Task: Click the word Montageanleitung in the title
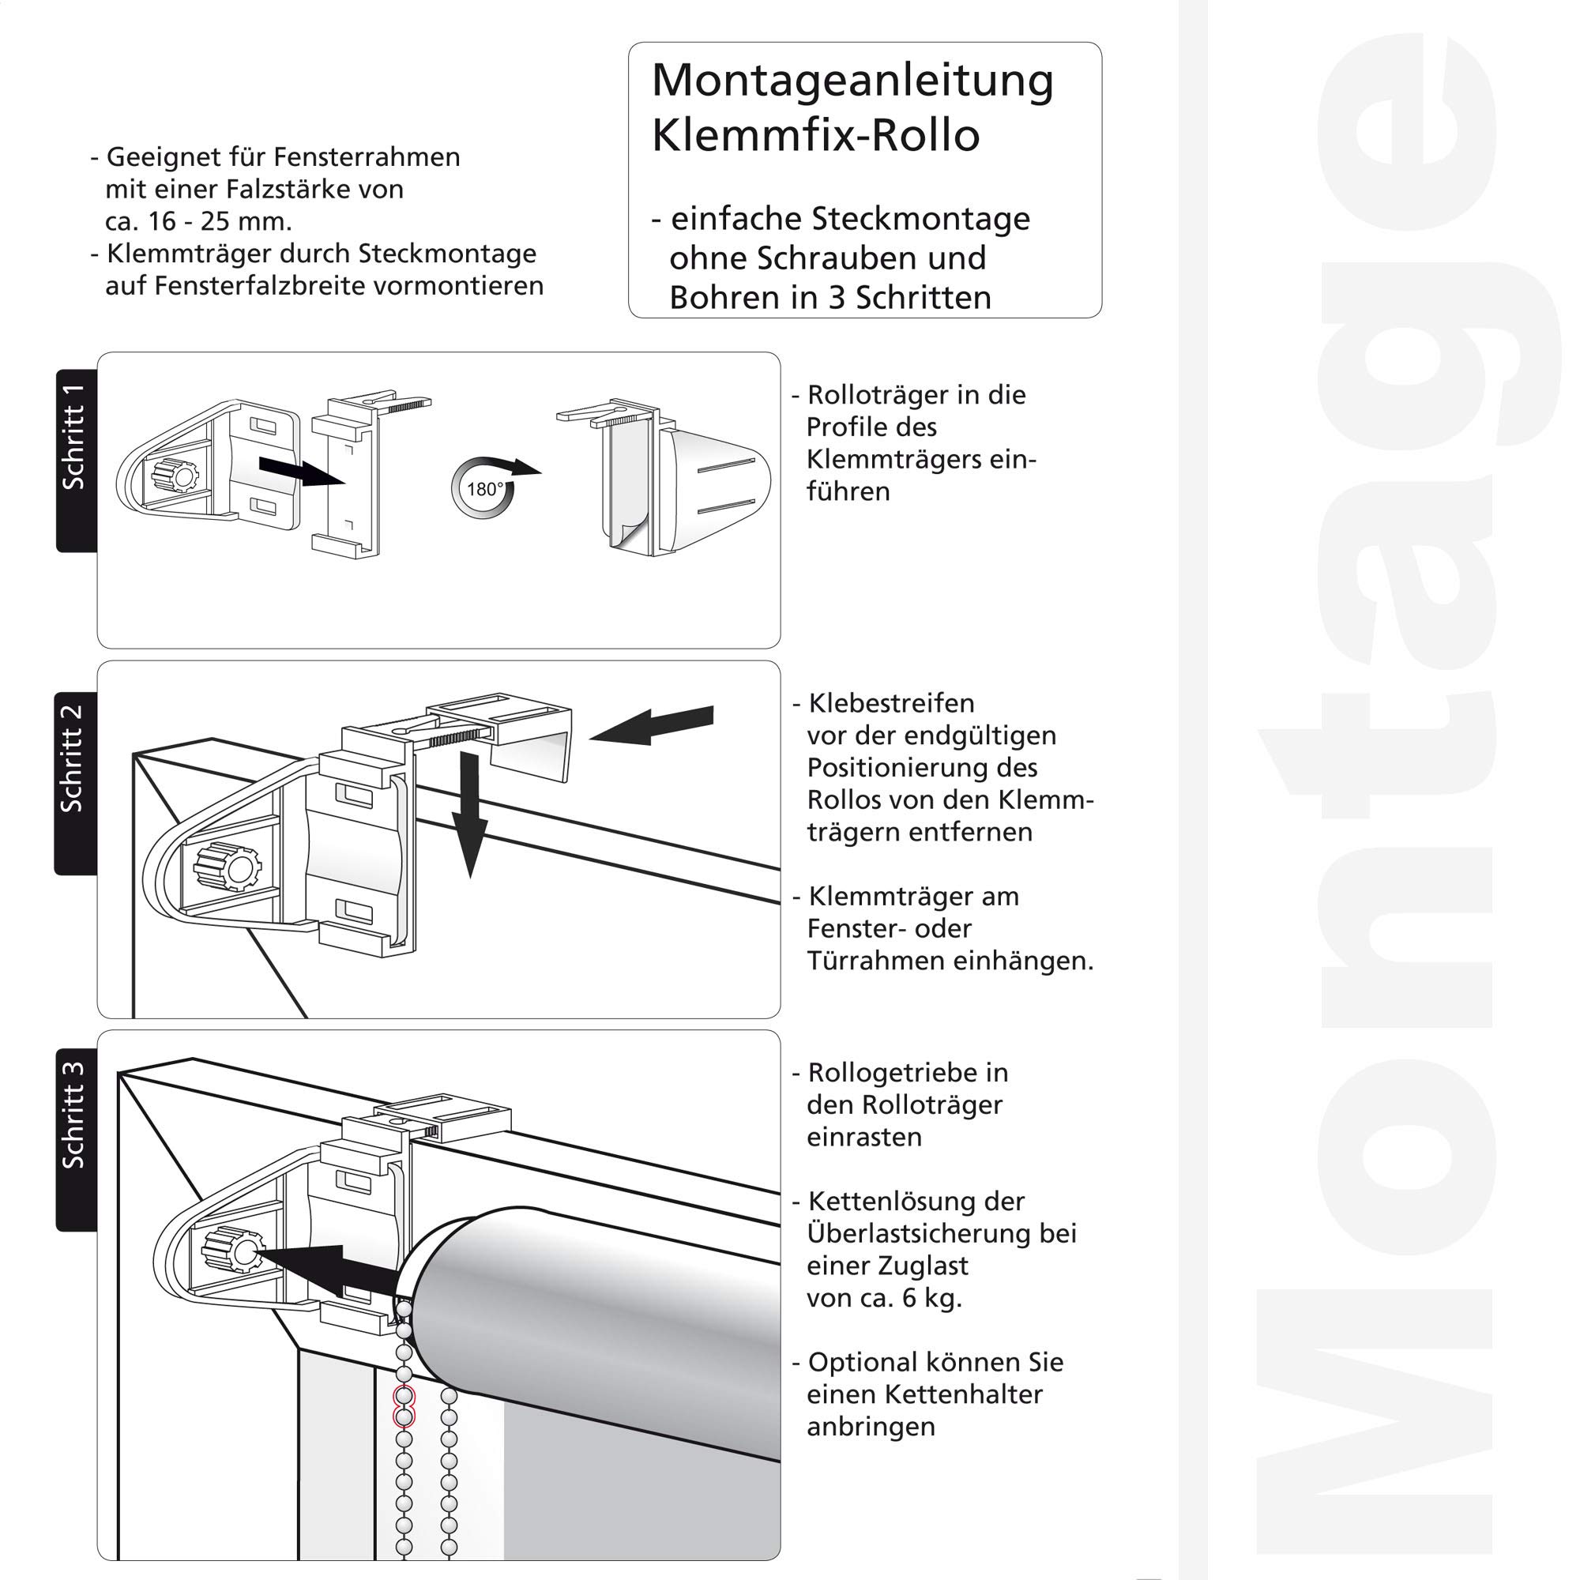[852, 81]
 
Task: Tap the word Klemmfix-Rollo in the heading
[815, 136]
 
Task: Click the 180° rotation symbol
[483, 489]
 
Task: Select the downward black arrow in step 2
[470, 814]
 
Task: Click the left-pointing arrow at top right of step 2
[652, 724]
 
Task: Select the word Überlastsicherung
[942, 1233]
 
